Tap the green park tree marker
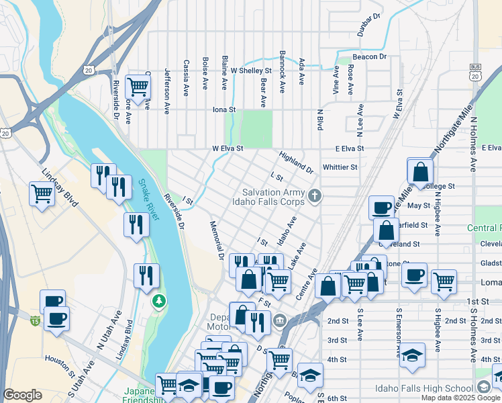click(159, 299)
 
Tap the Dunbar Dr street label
click(369, 24)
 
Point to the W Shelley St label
click(250, 70)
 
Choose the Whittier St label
click(340, 167)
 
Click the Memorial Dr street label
click(216, 240)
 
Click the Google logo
click(22, 395)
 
